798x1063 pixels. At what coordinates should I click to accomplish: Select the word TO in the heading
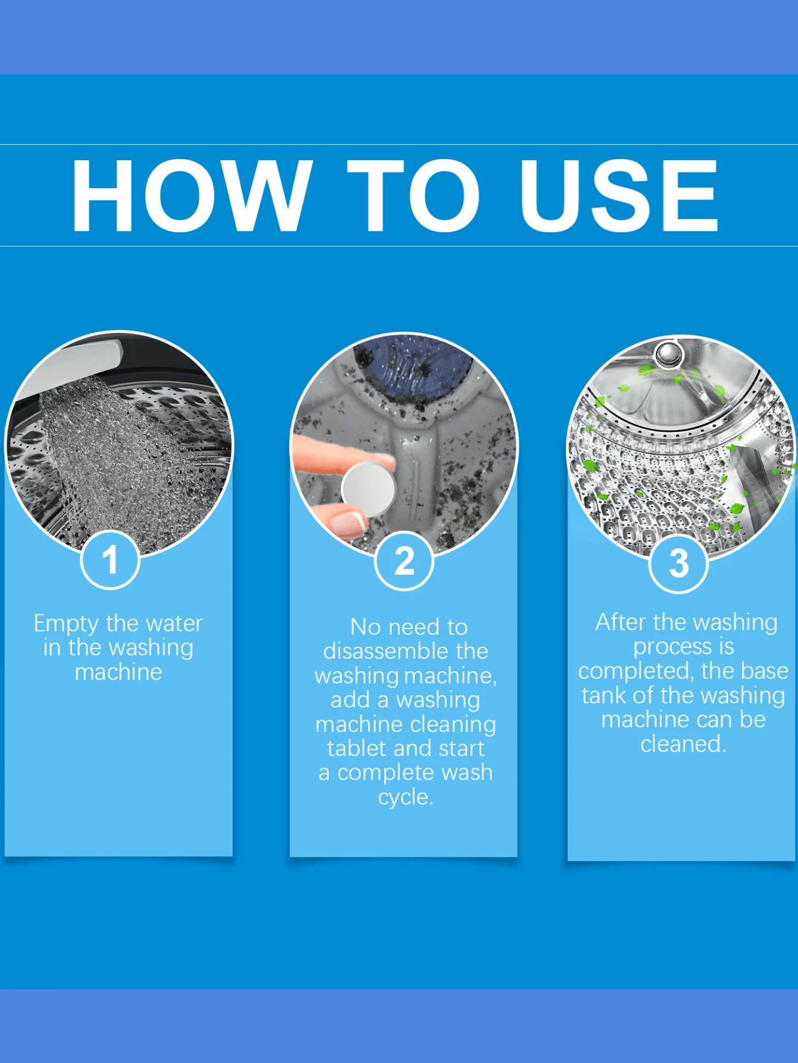[413, 195]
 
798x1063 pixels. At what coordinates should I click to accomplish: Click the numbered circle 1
[110, 560]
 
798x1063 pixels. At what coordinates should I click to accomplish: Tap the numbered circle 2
[404, 561]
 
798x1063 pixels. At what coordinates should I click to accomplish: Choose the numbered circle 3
[678, 563]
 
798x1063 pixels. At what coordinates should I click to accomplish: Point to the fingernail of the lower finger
[348, 522]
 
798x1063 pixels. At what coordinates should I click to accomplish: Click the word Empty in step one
[66, 624]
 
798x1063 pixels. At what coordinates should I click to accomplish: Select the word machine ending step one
[119, 672]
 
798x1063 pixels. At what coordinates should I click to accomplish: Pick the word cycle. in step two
[406, 797]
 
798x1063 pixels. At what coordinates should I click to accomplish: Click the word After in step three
[620, 622]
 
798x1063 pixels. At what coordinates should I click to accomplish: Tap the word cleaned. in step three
[683, 744]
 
